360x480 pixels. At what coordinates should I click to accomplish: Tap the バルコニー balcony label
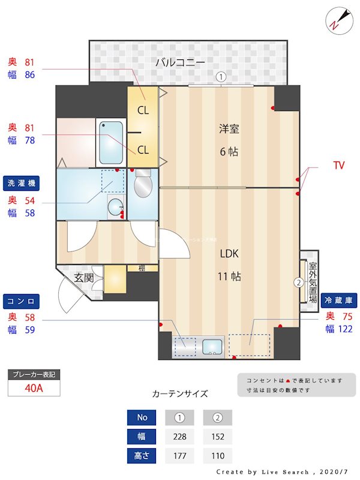point(181,62)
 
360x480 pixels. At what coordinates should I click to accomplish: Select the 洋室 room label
point(229,128)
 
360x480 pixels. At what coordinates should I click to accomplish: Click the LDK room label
point(229,254)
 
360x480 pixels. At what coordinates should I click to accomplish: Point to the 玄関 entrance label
point(83,278)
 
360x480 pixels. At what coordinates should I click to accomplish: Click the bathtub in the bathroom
point(111,143)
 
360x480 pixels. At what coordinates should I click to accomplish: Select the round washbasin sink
point(115,208)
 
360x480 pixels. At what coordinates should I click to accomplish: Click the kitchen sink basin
point(212,347)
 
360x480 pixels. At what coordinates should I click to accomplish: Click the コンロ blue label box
point(22,300)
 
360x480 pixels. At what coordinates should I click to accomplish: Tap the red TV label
point(339,166)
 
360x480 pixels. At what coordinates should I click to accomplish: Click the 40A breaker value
point(34,388)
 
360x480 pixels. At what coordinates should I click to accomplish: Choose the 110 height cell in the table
point(217,456)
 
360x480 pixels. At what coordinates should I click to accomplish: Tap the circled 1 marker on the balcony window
point(221,77)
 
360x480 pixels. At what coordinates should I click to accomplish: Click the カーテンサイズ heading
point(180,394)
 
